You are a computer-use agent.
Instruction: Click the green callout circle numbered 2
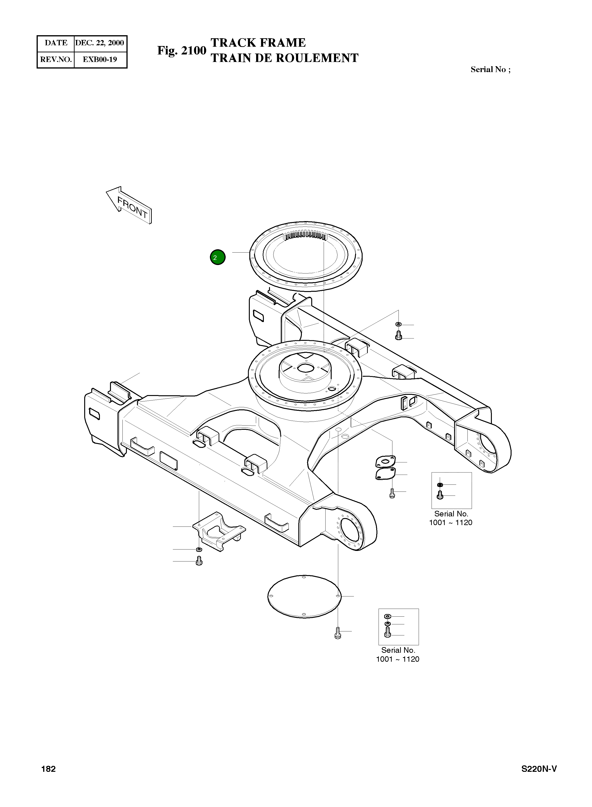tap(217, 257)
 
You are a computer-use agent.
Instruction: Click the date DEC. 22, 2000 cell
tap(100, 43)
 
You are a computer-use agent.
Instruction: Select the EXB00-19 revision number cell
tap(100, 60)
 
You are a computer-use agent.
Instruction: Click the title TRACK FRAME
tap(258, 43)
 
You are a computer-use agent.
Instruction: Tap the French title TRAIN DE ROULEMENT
tap(285, 58)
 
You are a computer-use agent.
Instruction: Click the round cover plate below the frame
tap(304, 597)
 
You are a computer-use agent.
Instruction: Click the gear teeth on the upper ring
tap(305, 236)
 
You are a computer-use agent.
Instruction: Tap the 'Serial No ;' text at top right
tap(490, 69)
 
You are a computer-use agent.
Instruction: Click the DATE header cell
tap(56, 43)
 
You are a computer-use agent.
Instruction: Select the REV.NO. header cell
tap(56, 60)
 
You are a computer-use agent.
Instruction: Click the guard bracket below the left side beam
tap(219, 530)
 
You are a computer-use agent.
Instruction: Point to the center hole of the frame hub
tap(305, 368)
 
